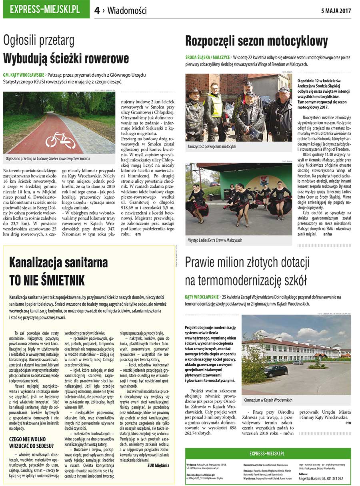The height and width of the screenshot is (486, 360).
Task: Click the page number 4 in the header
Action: [x=97, y=11]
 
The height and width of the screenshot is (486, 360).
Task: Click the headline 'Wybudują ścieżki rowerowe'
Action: [x=66, y=58]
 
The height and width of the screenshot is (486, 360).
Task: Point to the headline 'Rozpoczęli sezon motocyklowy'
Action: [x=256, y=41]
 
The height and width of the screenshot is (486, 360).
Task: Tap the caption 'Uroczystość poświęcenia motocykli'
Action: [x=212, y=147]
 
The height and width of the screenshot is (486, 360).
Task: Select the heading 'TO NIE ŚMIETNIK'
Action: [x=47, y=281]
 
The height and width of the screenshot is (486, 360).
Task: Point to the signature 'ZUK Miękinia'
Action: [x=158, y=465]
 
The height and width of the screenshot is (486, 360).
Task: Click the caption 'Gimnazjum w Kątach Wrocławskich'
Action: [x=268, y=400]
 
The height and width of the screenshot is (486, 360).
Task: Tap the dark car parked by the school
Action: [x=276, y=370]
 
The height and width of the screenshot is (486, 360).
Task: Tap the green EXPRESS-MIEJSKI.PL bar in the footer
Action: [x=267, y=454]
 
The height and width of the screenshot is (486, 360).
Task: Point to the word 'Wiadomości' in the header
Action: [x=127, y=11]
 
